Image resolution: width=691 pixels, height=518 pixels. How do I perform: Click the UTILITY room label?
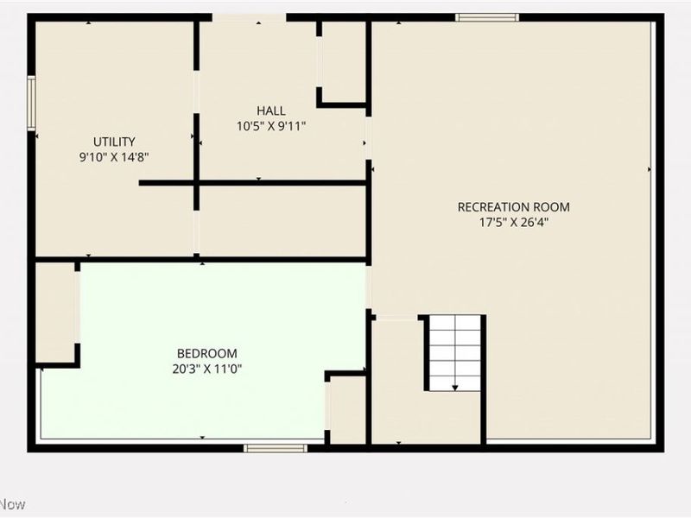[114, 142]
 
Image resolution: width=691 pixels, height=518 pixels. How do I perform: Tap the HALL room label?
[270, 111]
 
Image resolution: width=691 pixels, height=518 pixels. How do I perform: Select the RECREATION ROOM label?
[513, 206]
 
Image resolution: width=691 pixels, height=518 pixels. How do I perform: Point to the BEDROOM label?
[206, 353]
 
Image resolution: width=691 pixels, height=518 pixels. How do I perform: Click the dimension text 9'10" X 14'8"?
[114, 157]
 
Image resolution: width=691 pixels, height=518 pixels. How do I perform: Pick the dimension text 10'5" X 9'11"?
[270, 126]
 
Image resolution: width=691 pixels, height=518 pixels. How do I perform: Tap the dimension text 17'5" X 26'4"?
[513, 222]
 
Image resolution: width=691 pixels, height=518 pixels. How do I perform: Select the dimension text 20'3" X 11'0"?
[206, 369]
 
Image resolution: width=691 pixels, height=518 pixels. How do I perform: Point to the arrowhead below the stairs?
[455, 388]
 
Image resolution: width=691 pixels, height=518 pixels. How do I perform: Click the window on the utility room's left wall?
[31, 103]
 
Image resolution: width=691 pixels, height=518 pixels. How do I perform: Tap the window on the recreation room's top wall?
[487, 17]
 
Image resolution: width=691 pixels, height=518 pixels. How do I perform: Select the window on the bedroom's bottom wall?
[275, 447]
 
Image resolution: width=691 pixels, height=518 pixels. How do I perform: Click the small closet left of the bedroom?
[55, 311]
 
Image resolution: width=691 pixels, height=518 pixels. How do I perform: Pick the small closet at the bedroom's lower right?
[347, 410]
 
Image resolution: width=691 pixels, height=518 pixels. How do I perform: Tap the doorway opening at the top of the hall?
[249, 17]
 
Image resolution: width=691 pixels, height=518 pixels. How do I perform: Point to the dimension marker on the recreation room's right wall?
[650, 169]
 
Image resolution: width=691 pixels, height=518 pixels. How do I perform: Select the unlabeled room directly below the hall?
[282, 220]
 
